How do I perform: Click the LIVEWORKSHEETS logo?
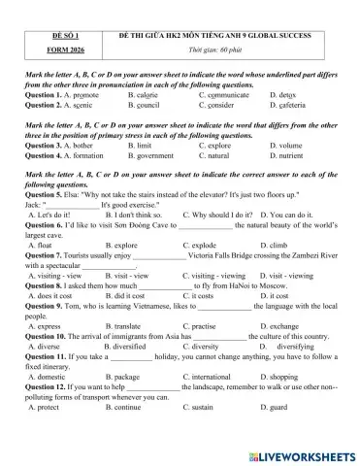point(296,451)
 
